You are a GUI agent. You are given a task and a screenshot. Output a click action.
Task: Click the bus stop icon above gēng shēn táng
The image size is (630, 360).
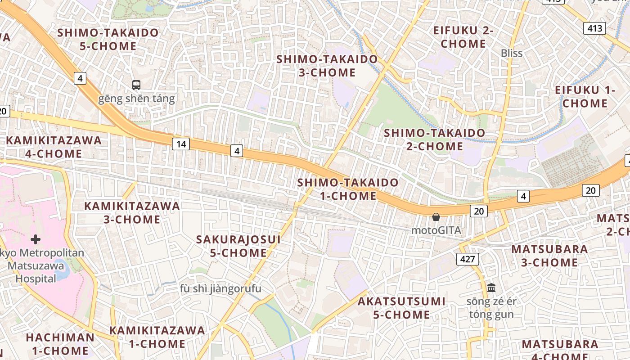pyautogui.click(x=136, y=85)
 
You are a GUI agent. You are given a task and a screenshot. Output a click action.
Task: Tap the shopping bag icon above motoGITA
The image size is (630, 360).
pyautogui.click(x=436, y=217)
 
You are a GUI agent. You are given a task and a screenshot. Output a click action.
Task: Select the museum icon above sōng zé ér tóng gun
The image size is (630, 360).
pyautogui.click(x=491, y=287)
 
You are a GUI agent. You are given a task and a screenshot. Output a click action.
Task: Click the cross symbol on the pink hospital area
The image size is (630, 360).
pyautogui.click(x=36, y=239)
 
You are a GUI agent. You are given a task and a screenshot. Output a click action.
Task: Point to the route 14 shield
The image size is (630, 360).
pyautogui.click(x=180, y=144)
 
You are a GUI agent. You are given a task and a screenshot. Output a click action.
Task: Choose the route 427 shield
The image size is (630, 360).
pyautogui.click(x=468, y=259)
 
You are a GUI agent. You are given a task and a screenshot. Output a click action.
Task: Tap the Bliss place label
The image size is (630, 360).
pyautogui.click(x=512, y=53)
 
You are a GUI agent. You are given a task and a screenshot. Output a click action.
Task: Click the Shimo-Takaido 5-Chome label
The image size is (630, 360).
pyautogui.click(x=108, y=39)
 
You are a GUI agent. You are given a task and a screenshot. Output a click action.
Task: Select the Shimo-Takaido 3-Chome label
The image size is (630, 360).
pyautogui.click(x=327, y=66)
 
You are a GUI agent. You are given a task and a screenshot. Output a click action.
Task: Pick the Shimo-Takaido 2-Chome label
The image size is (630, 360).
pyautogui.click(x=434, y=139)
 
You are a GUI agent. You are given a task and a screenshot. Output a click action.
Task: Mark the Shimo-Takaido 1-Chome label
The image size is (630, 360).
pyautogui.click(x=348, y=189)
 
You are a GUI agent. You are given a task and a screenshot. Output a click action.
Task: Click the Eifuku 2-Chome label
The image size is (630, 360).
pyautogui.click(x=463, y=37)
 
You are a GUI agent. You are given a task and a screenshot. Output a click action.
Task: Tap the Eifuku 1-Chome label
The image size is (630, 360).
pyautogui.click(x=585, y=96)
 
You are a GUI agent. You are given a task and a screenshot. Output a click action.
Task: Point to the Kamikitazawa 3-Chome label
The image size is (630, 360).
pyautogui.click(x=132, y=213)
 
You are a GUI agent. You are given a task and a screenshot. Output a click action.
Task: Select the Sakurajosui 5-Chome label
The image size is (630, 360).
pyautogui.click(x=238, y=246)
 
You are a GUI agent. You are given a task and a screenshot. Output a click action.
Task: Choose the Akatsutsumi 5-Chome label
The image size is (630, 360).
pyautogui.click(x=401, y=308)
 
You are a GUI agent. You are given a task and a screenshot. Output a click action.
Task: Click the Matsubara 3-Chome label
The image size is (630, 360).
pyautogui.click(x=549, y=256)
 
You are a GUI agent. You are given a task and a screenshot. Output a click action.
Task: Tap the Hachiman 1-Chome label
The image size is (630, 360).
pyautogui.click(x=60, y=344)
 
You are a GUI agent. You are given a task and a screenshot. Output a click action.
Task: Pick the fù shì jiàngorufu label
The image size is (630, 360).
pyautogui.click(x=220, y=288)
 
